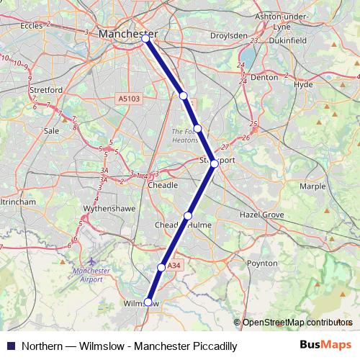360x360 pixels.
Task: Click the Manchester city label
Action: click(127, 33)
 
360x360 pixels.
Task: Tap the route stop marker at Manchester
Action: click(146, 39)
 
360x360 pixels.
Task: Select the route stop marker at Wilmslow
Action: click(148, 302)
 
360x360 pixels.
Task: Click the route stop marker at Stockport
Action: click(214, 164)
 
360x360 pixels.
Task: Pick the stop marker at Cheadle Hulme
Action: click(188, 215)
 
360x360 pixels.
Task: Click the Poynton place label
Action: click(262, 264)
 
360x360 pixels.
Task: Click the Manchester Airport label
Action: click(91, 275)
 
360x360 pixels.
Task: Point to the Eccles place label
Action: click(32, 25)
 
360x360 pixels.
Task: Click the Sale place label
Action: click(51, 131)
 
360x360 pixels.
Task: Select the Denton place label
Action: click(264, 76)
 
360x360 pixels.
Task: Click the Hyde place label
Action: click(304, 84)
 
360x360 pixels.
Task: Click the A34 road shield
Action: click(173, 266)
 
